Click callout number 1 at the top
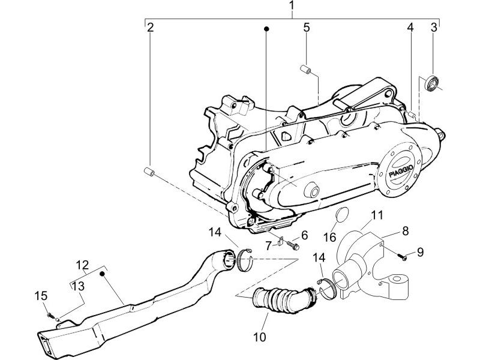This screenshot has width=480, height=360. click(x=292, y=7)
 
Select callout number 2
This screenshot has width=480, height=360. click(x=151, y=27)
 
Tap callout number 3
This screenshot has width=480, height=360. click(x=433, y=27)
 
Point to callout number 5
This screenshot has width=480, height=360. click(x=306, y=28)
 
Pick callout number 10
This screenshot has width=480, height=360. click(x=259, y=337)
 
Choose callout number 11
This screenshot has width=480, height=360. click(x=377, y=215)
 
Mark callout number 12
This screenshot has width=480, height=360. click(x=82, y=263)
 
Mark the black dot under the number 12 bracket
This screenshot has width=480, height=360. click(x=103, y=274)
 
